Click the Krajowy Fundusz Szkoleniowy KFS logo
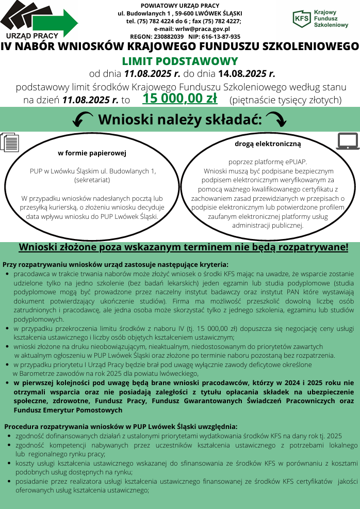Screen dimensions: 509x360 click(x=320, y=19)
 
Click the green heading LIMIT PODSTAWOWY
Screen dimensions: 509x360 click(x=179, y=60)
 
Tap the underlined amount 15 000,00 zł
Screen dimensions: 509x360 click(x=179, y=99)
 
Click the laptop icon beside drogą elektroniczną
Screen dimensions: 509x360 click(x=348, y=140)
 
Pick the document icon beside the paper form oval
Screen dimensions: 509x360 click(x=10, y=142)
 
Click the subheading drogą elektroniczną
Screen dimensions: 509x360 click(x=268, y=144)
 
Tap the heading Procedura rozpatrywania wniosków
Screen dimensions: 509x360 click(x=121, y=426)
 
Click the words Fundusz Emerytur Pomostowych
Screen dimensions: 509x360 click(x=68, y=410)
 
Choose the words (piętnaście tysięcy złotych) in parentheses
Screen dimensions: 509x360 click(x=286, y=100)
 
